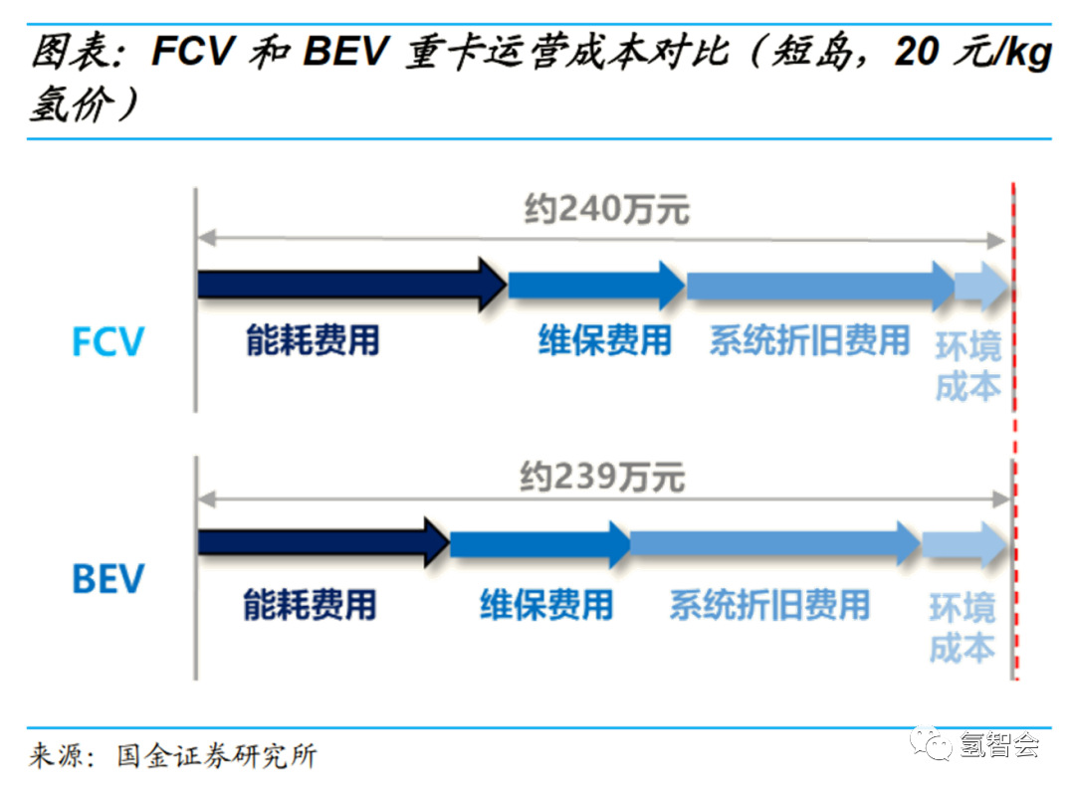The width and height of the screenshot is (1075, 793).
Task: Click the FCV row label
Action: point(108,342)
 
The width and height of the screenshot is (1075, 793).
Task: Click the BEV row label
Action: point(108,579)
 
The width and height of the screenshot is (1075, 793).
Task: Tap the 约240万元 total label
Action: point(606,209)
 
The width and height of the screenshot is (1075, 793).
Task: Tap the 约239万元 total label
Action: point(602,479)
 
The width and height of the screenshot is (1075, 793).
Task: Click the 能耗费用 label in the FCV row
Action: point(313,341)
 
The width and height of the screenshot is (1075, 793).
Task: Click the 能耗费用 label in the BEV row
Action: point(310,603)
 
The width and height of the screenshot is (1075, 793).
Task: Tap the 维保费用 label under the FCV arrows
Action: point(604,341)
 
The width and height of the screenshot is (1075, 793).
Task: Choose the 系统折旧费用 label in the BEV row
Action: point(768,604)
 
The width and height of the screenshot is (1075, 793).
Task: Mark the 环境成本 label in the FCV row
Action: point(967,367)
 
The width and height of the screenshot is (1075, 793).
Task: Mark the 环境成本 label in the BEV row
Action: point(963,628)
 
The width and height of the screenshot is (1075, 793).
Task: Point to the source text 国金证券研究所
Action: point(216,756)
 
